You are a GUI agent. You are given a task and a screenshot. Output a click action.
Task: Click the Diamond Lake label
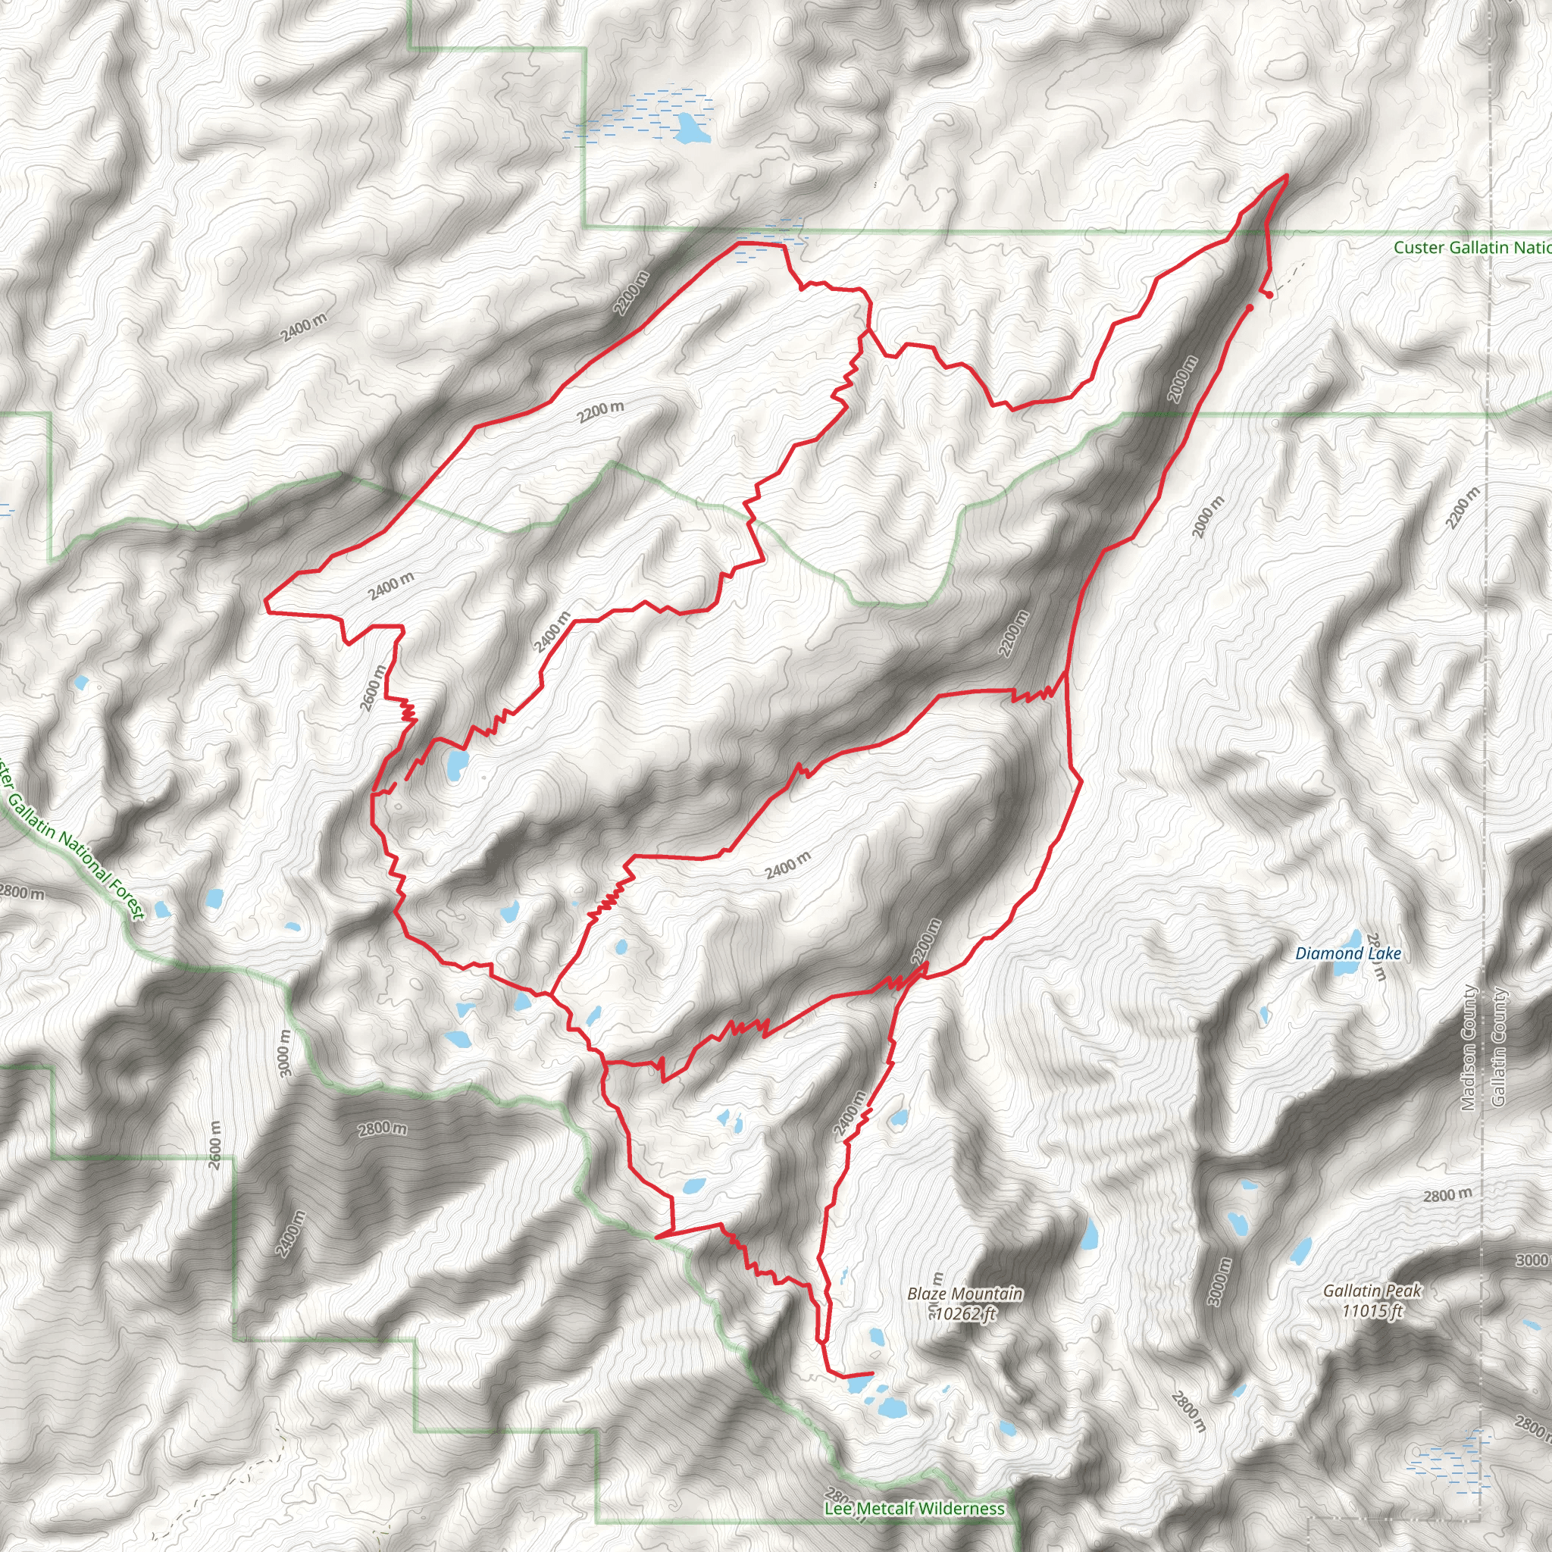(1348, 953)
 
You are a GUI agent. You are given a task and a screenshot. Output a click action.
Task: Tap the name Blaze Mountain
(965, 1294)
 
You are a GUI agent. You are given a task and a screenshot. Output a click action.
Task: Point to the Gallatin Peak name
(1372, 1290)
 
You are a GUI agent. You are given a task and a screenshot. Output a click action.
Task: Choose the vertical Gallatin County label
(1498, 1046)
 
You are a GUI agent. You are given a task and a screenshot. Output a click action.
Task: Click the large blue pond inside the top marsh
(692, 129)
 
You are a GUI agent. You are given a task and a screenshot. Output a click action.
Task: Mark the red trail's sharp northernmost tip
(1287, 175)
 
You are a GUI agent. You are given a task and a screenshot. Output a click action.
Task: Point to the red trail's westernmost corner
(266, 599)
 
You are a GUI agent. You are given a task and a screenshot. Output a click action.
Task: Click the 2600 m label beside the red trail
(374, 688)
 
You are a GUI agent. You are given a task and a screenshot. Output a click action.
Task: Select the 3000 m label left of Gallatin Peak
(1219, 1282)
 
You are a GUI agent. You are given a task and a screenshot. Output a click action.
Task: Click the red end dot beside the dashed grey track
(1269, 295)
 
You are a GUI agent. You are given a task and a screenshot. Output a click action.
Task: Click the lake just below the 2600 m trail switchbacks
(456, 765)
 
